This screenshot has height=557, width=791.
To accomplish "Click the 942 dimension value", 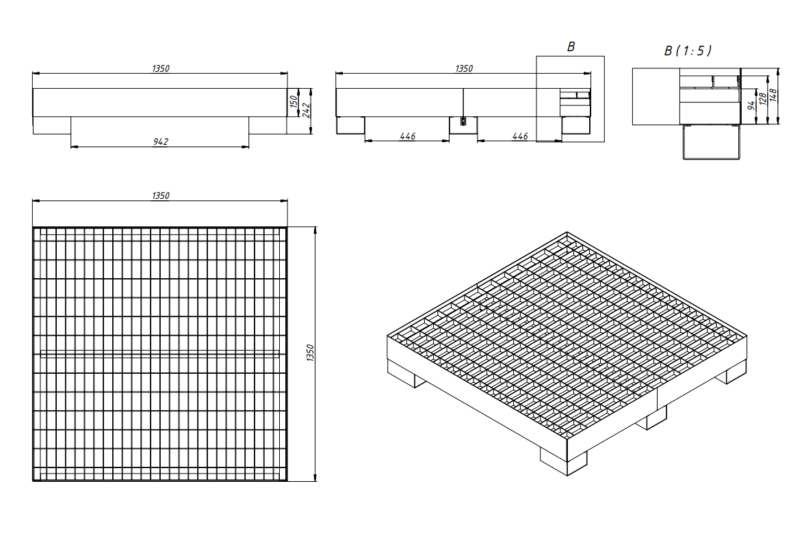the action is coord(160,141).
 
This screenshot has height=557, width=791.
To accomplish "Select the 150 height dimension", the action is coord(294,103).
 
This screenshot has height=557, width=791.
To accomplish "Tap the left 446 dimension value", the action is coord(407,136).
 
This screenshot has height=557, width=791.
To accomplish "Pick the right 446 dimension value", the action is coord(519,136).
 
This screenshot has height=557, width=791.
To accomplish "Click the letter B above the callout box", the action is coord(571,47).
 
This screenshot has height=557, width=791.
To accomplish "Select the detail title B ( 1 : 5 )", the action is coord(688,51).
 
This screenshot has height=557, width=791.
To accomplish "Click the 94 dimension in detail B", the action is coord(751,105).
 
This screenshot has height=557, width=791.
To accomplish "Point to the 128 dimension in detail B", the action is coord(763,98).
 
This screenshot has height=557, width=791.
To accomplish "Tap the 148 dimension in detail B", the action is coord(774,95).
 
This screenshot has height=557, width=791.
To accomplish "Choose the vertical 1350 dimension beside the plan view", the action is coord(310,353).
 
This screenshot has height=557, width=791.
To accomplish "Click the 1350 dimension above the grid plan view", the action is coord(160,195).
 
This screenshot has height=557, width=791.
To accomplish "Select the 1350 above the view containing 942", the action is coord(160,68).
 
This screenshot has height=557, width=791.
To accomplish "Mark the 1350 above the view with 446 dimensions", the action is coord(464,68).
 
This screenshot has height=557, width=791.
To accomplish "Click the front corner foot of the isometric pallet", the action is coord(564,461).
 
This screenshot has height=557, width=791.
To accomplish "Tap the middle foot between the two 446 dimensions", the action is coord(463,126).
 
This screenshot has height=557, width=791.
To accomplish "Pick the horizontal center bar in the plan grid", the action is coord(160,354).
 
